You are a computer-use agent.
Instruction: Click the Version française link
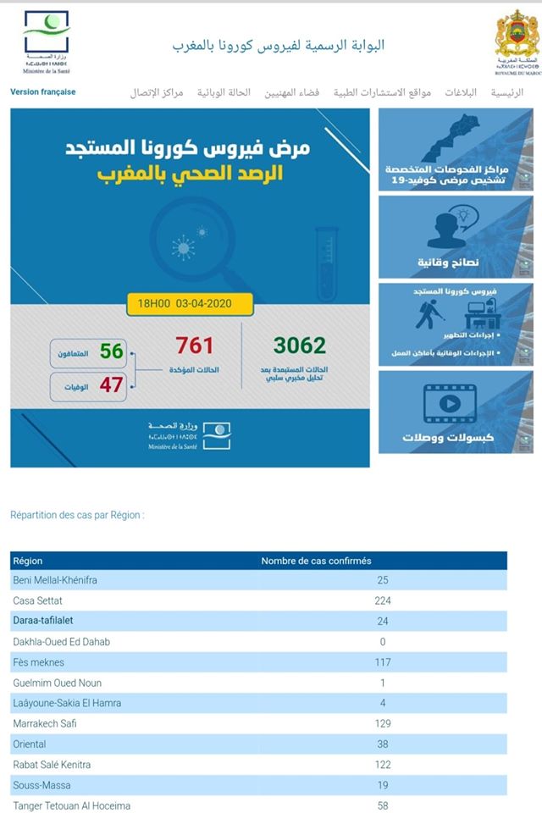pyautogui.click(x=42, y=92)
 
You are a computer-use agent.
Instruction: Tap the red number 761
pyautogui.click(x=194, y=346)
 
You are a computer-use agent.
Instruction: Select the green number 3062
pyautogui.click(x=299, y=346)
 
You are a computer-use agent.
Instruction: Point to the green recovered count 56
pyautogui.click(x=112, y=351)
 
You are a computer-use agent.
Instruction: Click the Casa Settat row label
pyautogui.click(x=37, y=600)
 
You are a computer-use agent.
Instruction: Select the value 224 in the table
pyautogui.click(x=383, y=600)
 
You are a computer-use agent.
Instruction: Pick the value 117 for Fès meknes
pyautogui.click(x=383, y=662)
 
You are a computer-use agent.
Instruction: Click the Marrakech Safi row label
pyautogui.click(x=45, y=723)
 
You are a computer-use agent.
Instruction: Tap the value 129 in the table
pyautogui.click(x=383, y=723)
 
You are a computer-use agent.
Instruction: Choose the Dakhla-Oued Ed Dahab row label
pyautogui.click(x=61, y=642)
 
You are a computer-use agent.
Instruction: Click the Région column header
pyautogui.click(x=28, y=561)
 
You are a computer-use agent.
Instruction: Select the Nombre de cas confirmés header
pyautogui.click(x=316, y=561)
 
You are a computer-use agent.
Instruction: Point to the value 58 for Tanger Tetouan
pyautogui.click(x=383, y=805)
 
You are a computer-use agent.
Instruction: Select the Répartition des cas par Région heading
pyautogui.click(x=77, y=515)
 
